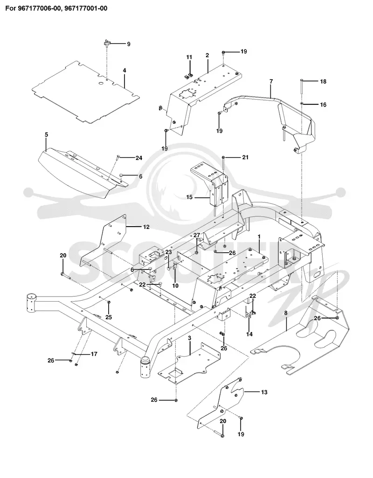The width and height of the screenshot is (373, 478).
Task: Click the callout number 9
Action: (129, 44)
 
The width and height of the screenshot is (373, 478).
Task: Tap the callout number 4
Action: (124, 70)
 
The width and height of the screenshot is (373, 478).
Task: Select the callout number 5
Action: (46, 135)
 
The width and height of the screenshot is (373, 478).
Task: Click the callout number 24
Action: (139, 158)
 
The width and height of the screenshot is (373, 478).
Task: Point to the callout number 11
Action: (189, 57)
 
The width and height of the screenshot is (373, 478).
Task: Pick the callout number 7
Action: (271, 81)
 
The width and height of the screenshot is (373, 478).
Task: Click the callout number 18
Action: (323, 81)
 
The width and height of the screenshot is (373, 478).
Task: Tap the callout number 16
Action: (323, 105)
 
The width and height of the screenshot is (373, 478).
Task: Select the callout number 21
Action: (245, 157)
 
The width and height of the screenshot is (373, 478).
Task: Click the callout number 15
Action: (189, 197)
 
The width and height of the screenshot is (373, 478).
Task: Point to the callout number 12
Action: (146, 227)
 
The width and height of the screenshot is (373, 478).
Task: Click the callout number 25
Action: (109, 317)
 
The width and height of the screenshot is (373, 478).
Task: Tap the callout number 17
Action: (94, 354)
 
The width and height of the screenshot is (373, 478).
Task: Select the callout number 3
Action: (189, 338)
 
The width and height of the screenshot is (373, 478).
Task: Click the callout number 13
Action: (264, 392)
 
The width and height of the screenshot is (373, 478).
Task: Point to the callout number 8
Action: (286, 313)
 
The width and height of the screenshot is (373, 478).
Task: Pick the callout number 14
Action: (249, 334)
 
